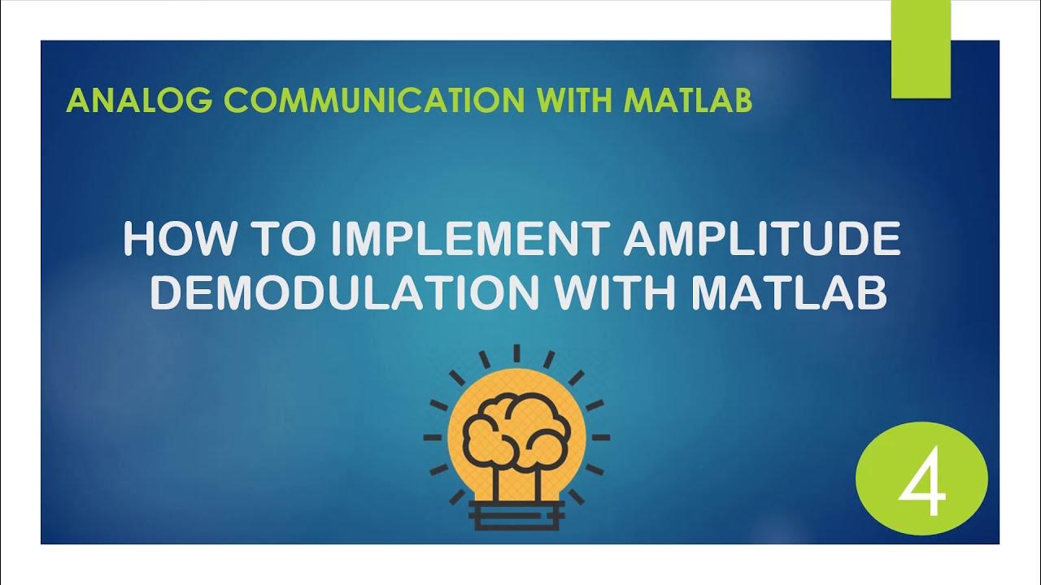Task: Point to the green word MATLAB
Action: tap(688, 101)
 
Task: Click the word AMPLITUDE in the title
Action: tap(762, 240)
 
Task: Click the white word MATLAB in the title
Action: tap(788, 294)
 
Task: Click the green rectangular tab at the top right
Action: tap(921, 49)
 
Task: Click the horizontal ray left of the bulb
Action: tap(433, 437)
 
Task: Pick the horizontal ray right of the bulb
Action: tap(600, 437)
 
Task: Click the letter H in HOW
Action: tap(138, 240)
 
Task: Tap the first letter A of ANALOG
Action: tap(77, 101)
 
